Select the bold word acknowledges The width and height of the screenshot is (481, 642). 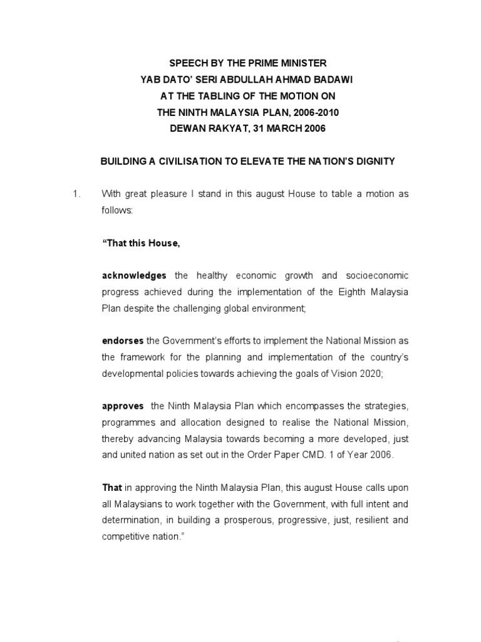[134, 275]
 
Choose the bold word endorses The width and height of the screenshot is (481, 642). [122, 340]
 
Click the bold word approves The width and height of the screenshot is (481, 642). [123, 406]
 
